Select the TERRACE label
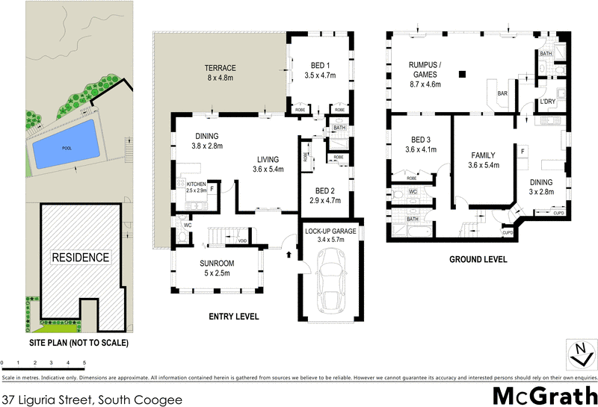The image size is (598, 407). pyautogui.click(x=221, y=68)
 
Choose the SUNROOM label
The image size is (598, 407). pyautogui.click(x=217, y=264)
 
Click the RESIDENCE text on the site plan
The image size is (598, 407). pyautogui.click(x=80, y=258)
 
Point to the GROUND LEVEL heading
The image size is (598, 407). pyautogui.click(x=478, y=260)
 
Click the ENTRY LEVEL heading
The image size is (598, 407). pyautogui.click(x=234, y=317)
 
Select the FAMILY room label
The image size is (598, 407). pyautogui.click(x=483, y=155)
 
